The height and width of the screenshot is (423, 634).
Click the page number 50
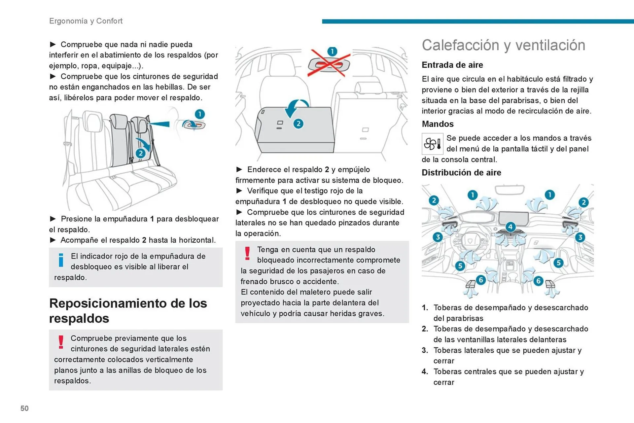24,408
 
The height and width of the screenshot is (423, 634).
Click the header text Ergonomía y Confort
86,21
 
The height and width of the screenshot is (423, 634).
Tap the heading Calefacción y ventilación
503,45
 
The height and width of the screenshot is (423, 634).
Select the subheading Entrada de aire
452,65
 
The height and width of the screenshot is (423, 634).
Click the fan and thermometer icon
432,144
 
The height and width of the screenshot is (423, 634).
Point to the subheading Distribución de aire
461,173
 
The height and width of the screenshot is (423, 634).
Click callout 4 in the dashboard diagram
510,227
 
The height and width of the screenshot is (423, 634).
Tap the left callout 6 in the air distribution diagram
481,280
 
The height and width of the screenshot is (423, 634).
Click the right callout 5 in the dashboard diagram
558,263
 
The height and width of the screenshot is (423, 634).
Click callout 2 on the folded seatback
298,124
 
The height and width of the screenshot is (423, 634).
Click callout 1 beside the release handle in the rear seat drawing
199,114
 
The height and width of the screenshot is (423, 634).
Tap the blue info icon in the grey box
61,260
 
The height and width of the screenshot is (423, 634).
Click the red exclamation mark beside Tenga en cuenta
247,254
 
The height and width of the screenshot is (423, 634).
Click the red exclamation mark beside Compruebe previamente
61,342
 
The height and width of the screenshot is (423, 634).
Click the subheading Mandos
438,124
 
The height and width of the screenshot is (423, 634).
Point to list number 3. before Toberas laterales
425,350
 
